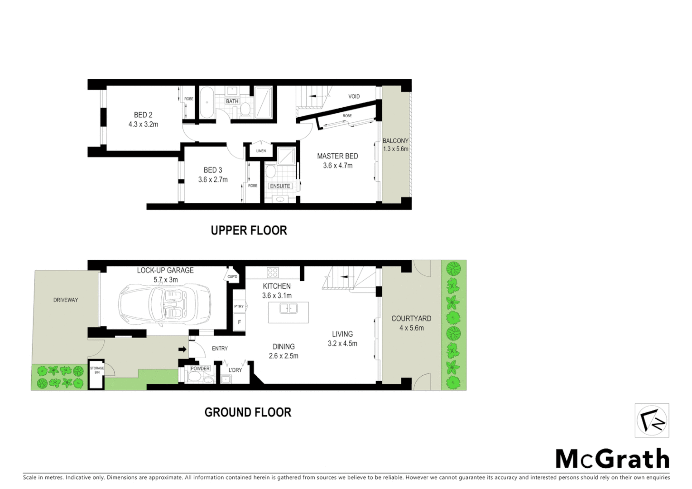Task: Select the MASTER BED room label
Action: [x=337, y=156]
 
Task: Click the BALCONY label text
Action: [x=395, y=141]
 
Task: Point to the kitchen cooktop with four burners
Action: [x=273, y=272]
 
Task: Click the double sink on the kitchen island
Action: [x=288, y=309]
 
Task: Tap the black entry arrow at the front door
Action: [x=183, y=349]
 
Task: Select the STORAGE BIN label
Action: [x=97, y=370]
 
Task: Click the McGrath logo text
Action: [x=612, y=459]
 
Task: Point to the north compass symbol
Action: [x=652, y=421]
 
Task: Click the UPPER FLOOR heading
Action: [x=249, y=230]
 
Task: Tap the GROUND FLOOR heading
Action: [x=248, y=412]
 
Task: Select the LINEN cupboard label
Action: [x=261, y=151]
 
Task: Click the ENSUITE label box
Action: [x=280, y=186]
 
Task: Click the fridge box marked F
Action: [x=239, y=322]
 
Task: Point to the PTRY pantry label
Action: [x=239, y=307]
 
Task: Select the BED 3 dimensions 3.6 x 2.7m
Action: [x=213, y=180]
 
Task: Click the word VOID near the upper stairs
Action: [x=354, y=96]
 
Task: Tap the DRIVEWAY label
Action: [x=66, y=300]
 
